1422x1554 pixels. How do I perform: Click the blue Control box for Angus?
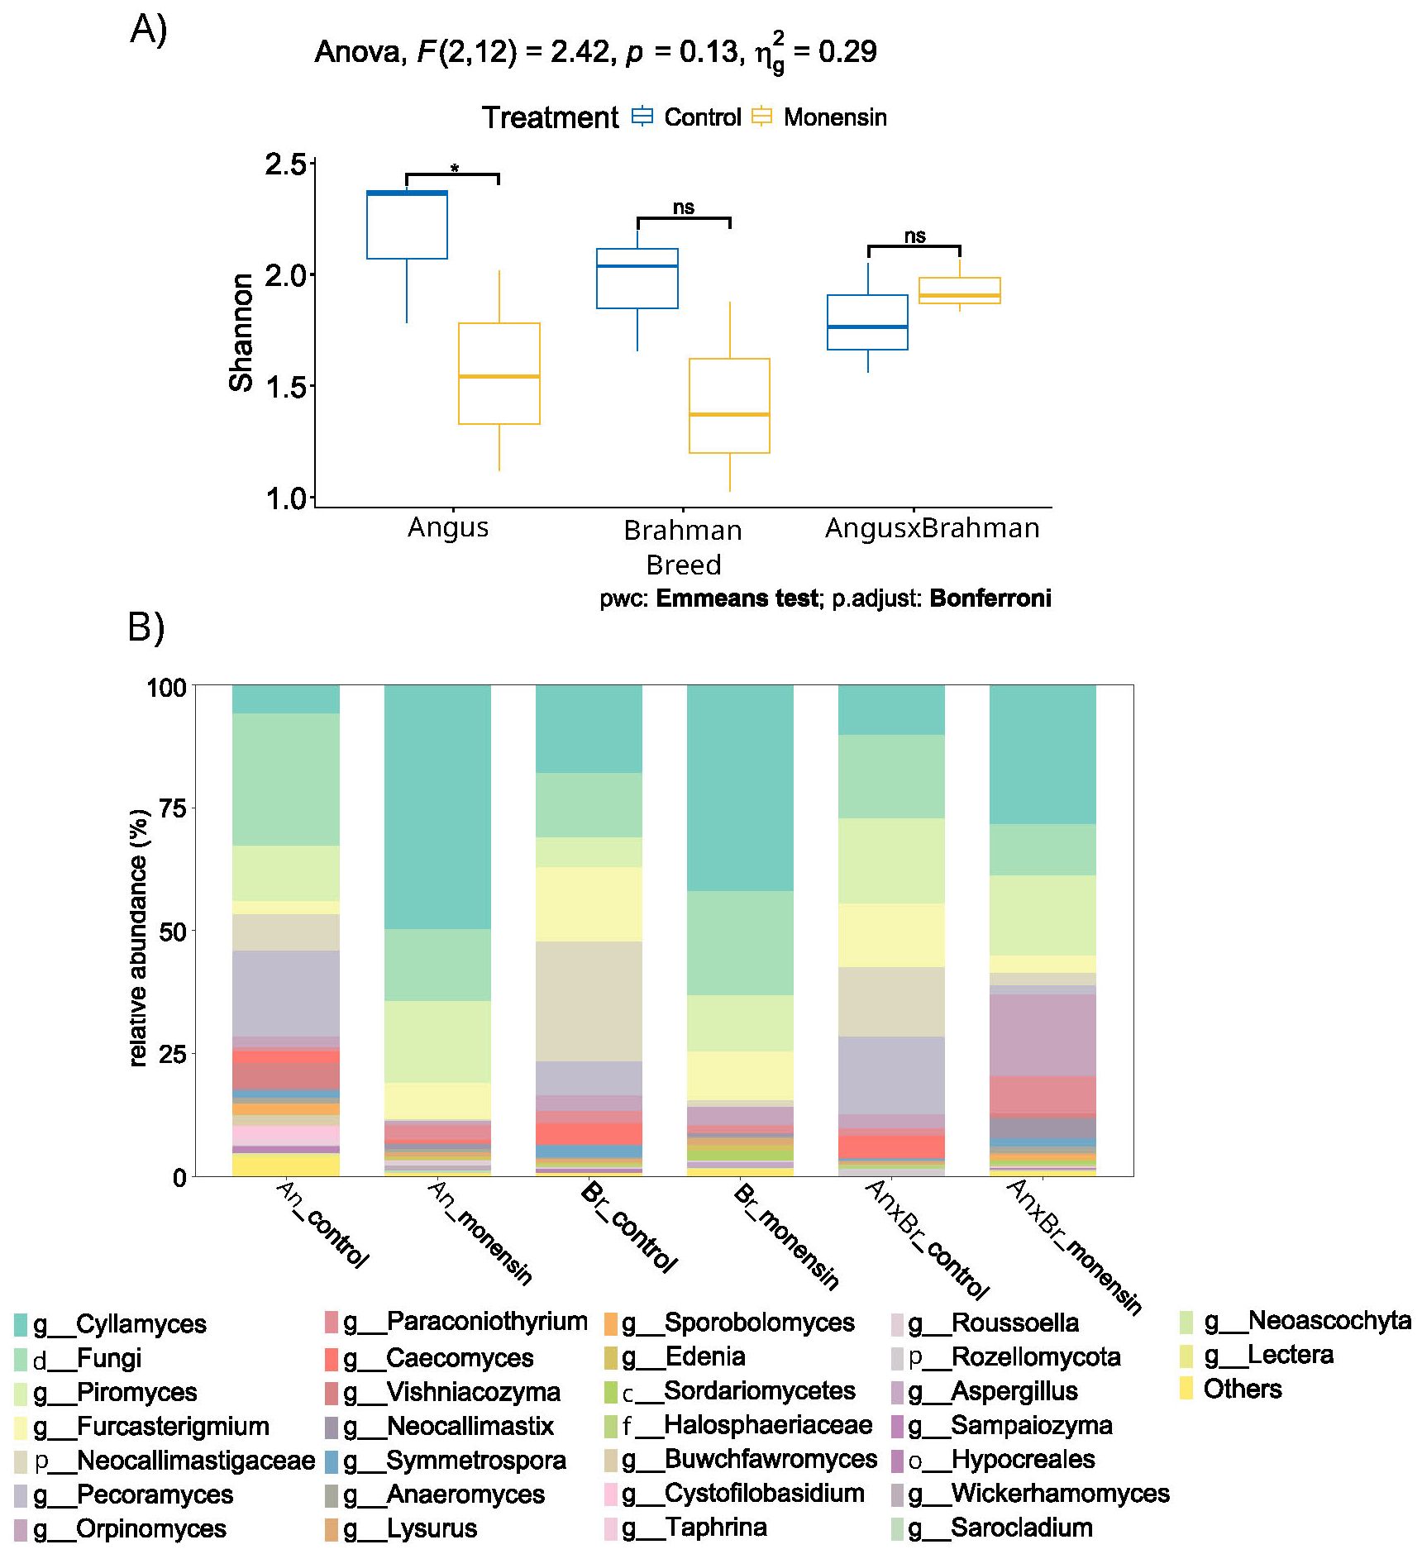click(407, 225)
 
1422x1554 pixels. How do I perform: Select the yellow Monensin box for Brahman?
click(729, 405)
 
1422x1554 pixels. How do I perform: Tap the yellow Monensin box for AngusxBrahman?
click(959, 290)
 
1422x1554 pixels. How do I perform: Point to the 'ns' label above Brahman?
click(683, 207)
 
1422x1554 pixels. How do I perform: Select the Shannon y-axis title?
click(241, 332)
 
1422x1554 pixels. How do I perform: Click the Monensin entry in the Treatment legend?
click(834, 117)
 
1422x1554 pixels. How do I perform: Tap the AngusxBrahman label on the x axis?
click(932, 527)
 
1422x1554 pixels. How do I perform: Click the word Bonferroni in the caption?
click(990, 598)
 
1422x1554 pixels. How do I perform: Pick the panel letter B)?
click(146, 627)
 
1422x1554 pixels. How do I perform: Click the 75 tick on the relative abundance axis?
click(172, 808)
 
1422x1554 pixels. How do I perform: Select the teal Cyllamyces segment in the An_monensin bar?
click(437, 806)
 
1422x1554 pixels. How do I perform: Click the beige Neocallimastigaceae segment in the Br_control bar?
click(589, 1000)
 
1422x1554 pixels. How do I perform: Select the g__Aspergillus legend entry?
click(1014, 1391)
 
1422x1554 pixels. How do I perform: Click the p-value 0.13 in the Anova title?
click(709, 51)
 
